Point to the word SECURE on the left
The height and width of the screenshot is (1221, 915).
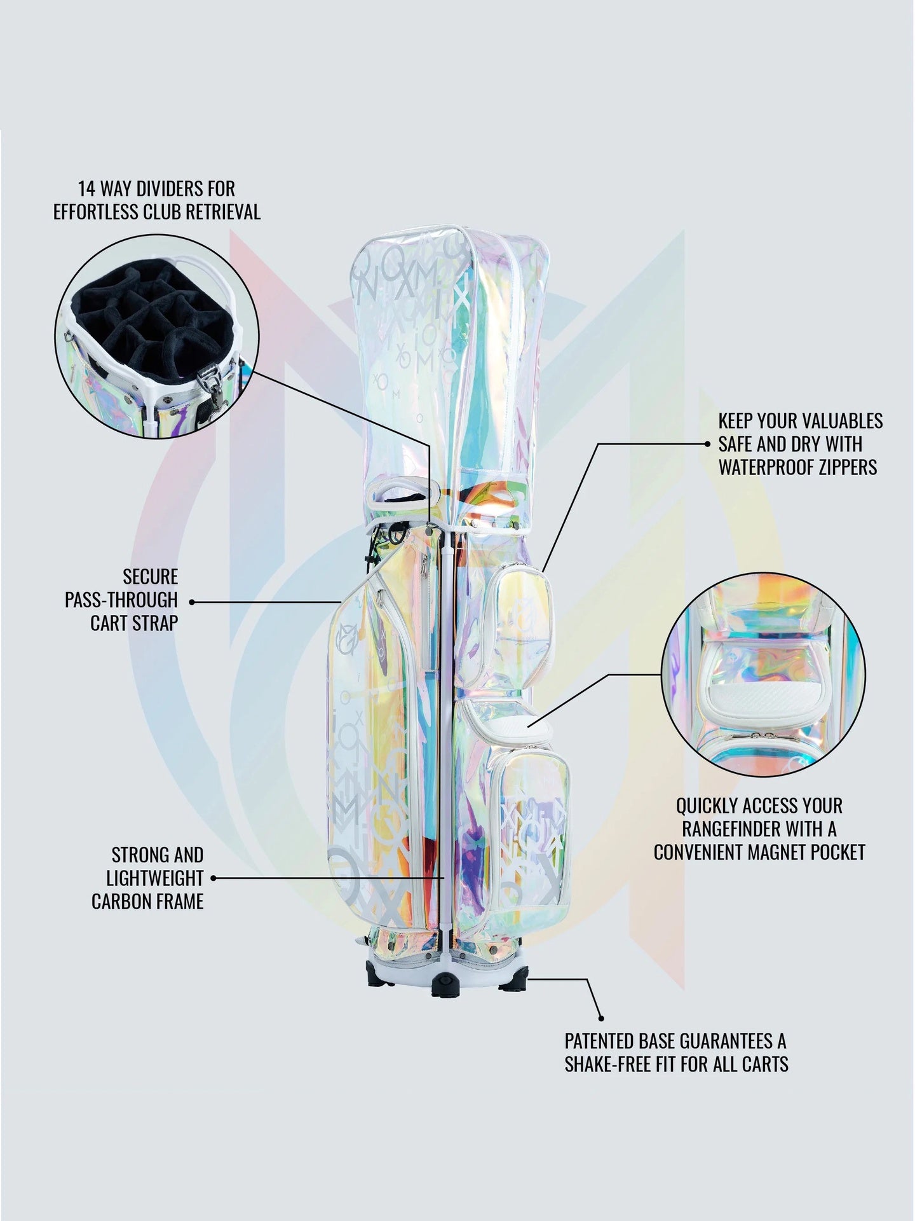pos(151,577)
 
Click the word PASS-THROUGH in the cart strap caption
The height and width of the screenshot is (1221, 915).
pos(121,600)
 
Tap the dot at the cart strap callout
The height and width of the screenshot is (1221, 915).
pos(192,601)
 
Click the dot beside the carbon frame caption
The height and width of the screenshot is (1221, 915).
pos(213,878)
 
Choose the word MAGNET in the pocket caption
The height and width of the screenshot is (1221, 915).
pos(786,852)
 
